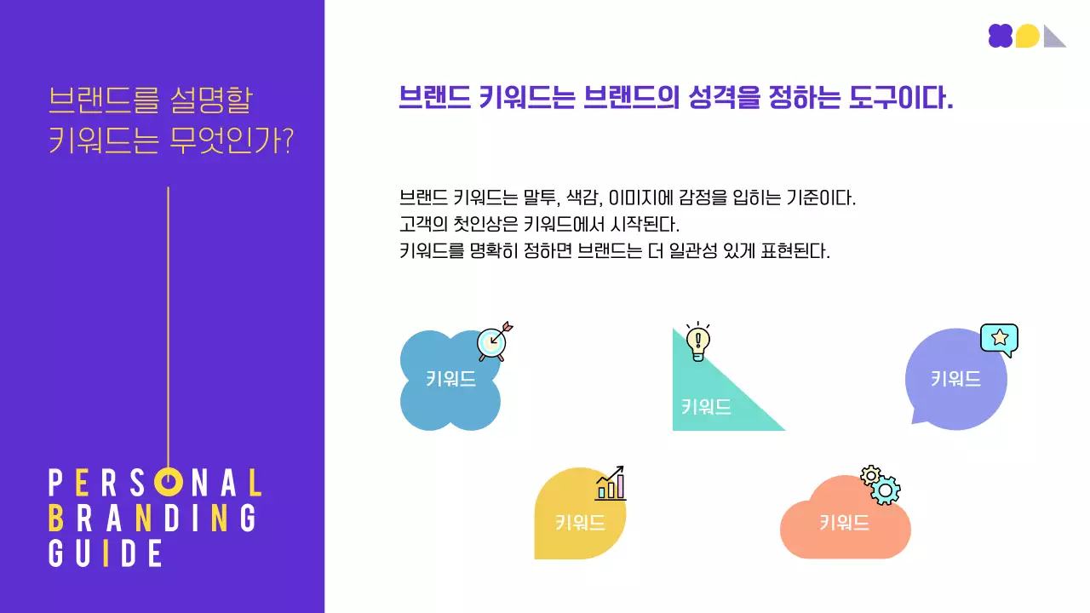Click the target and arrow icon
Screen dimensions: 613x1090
pyautogui.click(x=493, y=341)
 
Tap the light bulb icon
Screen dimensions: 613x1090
pyautogui.click(x=698, y=341)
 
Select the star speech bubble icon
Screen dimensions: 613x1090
pyautogui.click(x=999, y=339)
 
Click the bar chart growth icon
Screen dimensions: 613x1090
pyautogui.click(x=610, y=483)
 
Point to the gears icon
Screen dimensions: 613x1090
pyautogui.click(x=881, y=484)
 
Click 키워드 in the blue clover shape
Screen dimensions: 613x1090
pyautogui.click(x=450, y=380)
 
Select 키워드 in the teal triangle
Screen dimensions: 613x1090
pyautogui.click(x=706, y=407)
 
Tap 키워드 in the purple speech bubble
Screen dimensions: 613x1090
pyautogui.click(x=955, y=380)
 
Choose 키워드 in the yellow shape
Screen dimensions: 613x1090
pyautogui.click(x=580, y=523)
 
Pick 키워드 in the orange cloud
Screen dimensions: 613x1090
pyautogui.click(x=844, y=523)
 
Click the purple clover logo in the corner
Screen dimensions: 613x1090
pyautogui.click(x=1001, y=36)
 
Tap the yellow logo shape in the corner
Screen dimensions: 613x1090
pyautogui.click(x=1028, y=36)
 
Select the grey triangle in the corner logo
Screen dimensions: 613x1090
pyautogui.click(x=1054, y=37)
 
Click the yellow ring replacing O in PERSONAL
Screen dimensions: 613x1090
pyautogui.click(x=169, y=483)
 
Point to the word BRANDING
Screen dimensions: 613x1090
pyautogui.click(x=152, y=518)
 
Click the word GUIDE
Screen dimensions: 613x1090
pyautogui.click(x=106, y=553)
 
